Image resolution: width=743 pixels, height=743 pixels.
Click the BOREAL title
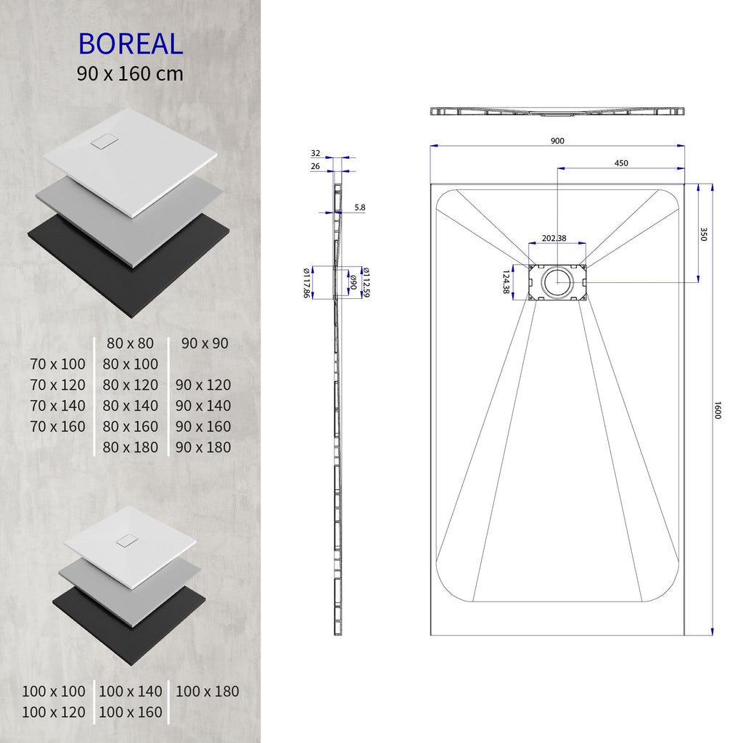(x=131, y=44)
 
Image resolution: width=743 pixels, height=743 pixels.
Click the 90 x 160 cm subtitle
(x=131, y=73)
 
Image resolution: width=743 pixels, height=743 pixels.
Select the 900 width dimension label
(x=557, y=141)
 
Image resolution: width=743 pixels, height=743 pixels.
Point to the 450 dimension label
(x=621, y=163)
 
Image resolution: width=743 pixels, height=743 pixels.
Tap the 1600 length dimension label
(x=718, y=410)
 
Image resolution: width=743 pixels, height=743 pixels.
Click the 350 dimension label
(x=703, y=234)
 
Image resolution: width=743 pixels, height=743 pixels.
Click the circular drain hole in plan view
(x=557, y=282)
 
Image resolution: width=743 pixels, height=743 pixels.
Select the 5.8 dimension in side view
(x=360, y=208)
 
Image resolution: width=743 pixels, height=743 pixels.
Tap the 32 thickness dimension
(x=315, y=153)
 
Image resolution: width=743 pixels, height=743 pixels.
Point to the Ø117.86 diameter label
(x=306, y=282)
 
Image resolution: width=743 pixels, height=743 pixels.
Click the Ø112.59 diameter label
(x=367, y=282)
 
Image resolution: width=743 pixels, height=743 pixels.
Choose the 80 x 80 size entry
(x=131, y=343)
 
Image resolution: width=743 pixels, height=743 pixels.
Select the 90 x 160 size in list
(x=203, y=426)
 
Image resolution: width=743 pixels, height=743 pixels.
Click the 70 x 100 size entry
(x=57, y=364)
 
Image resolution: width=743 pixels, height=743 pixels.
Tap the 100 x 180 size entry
(x=207, y=691)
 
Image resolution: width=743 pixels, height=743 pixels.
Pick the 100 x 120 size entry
(x=53, y=712)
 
